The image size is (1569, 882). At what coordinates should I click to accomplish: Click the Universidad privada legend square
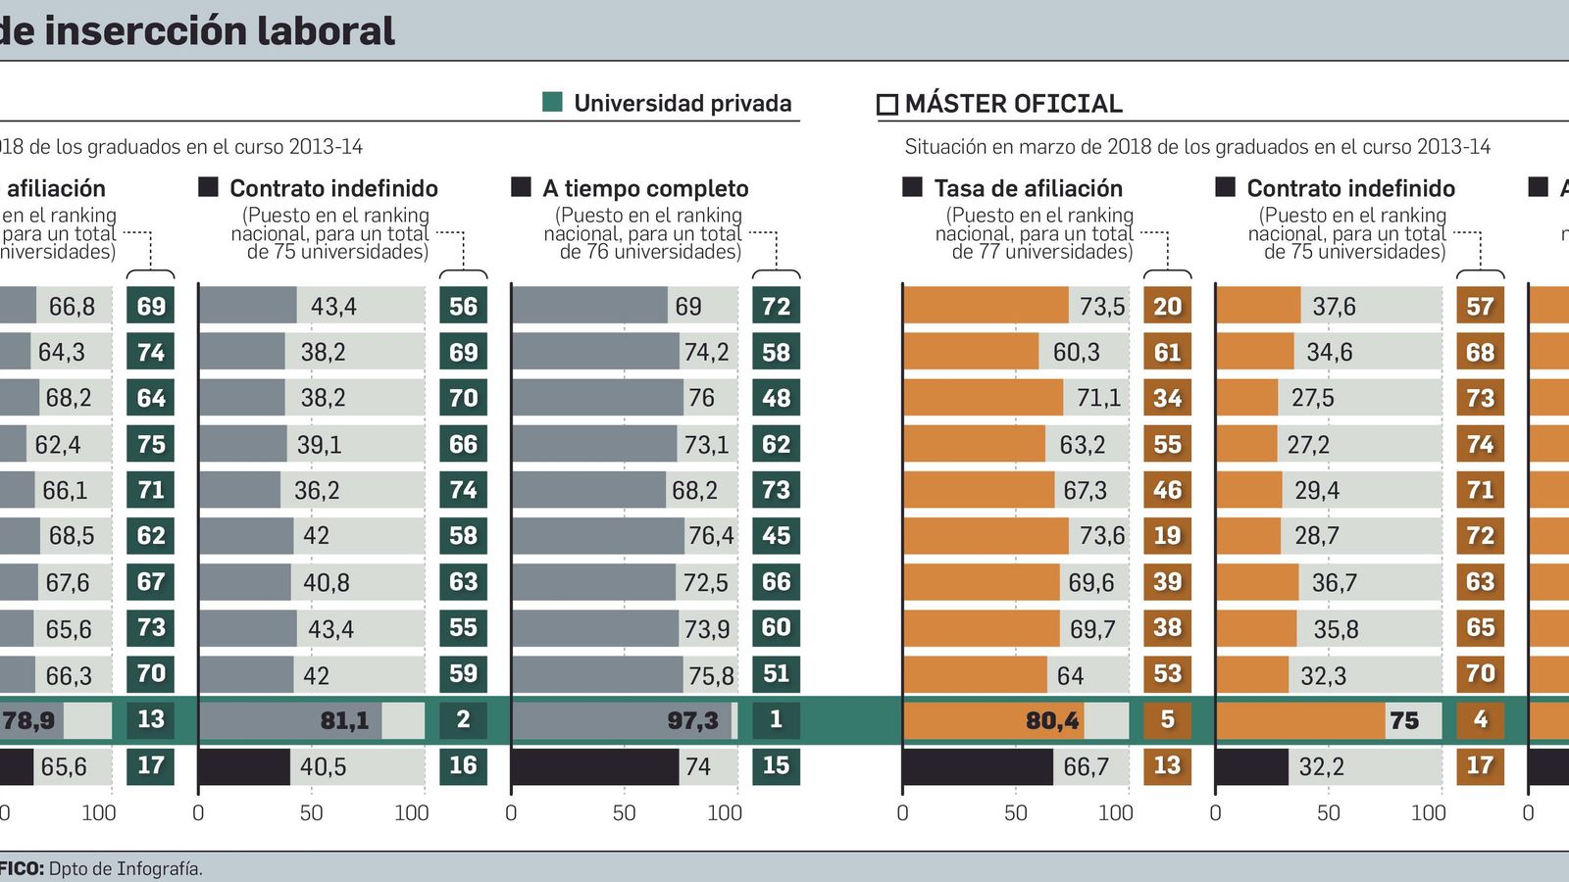point(552,102)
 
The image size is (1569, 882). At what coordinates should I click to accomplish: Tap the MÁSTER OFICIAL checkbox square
point(886,104)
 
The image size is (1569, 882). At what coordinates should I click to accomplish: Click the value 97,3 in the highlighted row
point(692,720)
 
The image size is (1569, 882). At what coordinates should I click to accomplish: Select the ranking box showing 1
point(776,719)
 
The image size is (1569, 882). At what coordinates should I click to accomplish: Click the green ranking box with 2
point(463,719)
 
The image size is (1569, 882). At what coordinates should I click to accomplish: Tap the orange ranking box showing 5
point(1167,719)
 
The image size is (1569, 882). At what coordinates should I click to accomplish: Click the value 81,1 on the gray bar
point(344,720)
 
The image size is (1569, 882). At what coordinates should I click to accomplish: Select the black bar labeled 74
point(594,766)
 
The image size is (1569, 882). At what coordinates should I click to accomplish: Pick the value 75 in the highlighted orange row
point(1404,720)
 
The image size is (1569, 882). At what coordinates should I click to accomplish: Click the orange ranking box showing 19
point(1167,535)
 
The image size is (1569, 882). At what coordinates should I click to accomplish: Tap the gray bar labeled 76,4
point(597,536)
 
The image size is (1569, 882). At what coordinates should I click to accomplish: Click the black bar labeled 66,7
point(977,766)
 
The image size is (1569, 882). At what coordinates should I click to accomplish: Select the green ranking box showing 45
point(776,535)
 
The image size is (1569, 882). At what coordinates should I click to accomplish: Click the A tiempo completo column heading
point(645,188)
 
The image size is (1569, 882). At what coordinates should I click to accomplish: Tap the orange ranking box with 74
point(1480,444)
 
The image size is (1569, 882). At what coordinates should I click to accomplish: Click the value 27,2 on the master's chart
point(1308,445)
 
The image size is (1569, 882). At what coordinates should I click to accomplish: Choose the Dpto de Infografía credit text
point(126,868)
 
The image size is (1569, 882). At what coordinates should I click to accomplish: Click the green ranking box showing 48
point(776,398)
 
